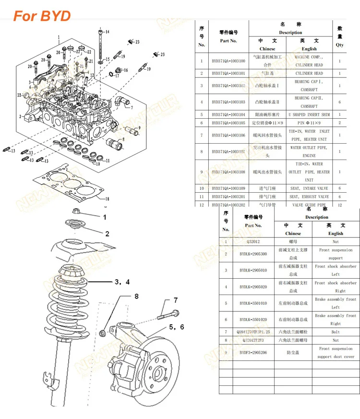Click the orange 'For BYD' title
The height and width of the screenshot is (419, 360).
click(x=42, y=16)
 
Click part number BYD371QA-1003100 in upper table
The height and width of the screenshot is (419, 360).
click(x=228, y=61)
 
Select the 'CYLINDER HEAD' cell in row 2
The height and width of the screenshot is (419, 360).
click(x=309, y=74)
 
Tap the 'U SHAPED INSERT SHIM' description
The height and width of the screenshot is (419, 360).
click(x=309, y=114)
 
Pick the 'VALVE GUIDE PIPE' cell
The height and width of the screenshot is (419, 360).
click(x=309, y=205)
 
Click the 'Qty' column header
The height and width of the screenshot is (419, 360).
click(x=339, y=45)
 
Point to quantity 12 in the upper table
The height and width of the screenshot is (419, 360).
click(x=339, y=205)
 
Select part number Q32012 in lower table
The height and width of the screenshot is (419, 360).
click(x=252, y=242)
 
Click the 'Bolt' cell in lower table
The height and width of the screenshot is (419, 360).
click(x=336, y=332)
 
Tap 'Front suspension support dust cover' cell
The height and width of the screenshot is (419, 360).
click(x=336, y=352)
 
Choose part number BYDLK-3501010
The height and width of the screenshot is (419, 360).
click(x=252, y=303)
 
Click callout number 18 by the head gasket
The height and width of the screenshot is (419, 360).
click(x=107, y=198)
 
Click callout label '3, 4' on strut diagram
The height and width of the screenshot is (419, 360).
click(x=121, y=282)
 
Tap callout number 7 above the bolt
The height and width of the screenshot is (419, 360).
click(x=176, y=300)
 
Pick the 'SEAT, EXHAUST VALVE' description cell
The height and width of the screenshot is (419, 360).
click(x=309, y=197)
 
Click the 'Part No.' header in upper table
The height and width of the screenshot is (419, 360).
click(x=228, y=41)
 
